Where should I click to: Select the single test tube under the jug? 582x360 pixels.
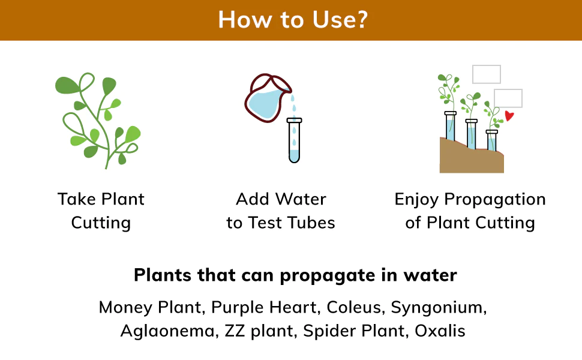pos(295,140)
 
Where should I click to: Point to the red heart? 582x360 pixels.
pos(509,116)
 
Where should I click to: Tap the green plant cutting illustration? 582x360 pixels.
pos(98,120)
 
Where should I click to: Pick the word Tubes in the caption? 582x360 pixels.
pos(311,223)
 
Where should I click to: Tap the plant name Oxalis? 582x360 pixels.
pos(440,331)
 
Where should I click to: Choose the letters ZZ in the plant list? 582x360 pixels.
pos(235,331)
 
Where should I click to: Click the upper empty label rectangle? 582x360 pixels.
pos(487,74)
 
